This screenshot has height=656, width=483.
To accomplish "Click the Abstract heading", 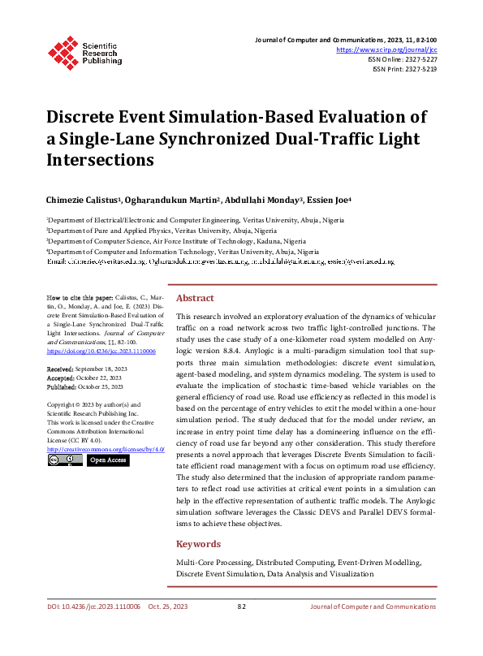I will (195, 298).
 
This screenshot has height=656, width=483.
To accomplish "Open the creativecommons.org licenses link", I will (106, 448).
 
